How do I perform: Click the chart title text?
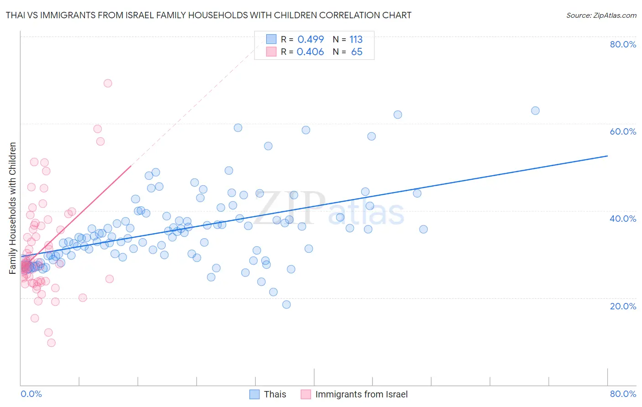coord(208,15)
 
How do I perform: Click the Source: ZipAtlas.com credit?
coord(601,15)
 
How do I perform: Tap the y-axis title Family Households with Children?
coord(13,208)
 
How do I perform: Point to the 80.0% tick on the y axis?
coord(623,44)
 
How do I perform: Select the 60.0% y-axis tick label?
coord(623,131)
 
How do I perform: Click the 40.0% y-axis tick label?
coord(623,219)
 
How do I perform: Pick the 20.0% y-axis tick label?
coord(623,306)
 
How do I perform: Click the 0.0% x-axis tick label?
coord(31,394)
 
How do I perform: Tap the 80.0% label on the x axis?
coord(623,394)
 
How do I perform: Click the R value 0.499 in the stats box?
coord(310,39)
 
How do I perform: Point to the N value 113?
coord(356,39)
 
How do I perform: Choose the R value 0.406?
coord(310,52)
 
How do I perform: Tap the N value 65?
coord(357,52)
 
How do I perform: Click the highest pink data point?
coord(108,83)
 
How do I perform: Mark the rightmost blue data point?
coord(535,110)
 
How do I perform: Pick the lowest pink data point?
coord(51,343)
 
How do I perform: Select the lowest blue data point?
coord(286,304)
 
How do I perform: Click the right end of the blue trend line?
coord(607,156)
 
